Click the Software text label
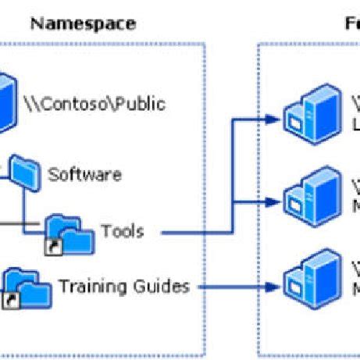(84, 173)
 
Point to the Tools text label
(122, 231)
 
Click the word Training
(91, 287)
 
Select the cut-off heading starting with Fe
(352, 23)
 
